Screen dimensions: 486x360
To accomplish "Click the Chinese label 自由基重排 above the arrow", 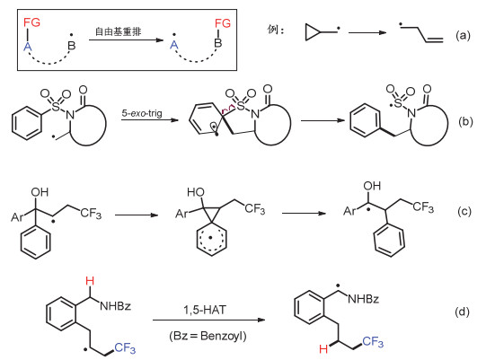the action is (x=118, y=31).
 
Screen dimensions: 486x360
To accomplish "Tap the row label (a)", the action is (x=463, y=36).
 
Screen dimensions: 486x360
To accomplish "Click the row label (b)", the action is (x=465, y=122).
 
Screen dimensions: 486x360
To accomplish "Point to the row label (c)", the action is (x=464, y=211).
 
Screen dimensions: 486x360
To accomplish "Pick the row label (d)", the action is (x=462, y=312).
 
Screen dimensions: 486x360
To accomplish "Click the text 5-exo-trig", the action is (x=142, y=113).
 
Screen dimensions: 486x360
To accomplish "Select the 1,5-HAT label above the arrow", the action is (x=205, y=310).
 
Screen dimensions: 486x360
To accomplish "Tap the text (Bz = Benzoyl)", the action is (x=208, y=336).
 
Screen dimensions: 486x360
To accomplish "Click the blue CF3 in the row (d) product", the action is (x=373, y=342).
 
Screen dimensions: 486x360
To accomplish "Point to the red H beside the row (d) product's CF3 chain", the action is (x=323, y=349).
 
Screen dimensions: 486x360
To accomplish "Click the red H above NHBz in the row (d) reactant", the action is (x=90, y=281).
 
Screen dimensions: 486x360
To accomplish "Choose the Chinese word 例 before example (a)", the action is (x=272, y=30).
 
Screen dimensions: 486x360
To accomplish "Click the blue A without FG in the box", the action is (x=174, y=45).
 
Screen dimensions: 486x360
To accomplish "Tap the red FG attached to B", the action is (x=223, y=23).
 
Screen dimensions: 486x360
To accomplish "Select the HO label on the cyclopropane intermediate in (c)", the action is (x=196, y=192).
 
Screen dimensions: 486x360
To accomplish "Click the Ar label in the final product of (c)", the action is (x=349, y=211).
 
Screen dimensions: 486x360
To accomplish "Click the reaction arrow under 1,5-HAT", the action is (x=209, y=320).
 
